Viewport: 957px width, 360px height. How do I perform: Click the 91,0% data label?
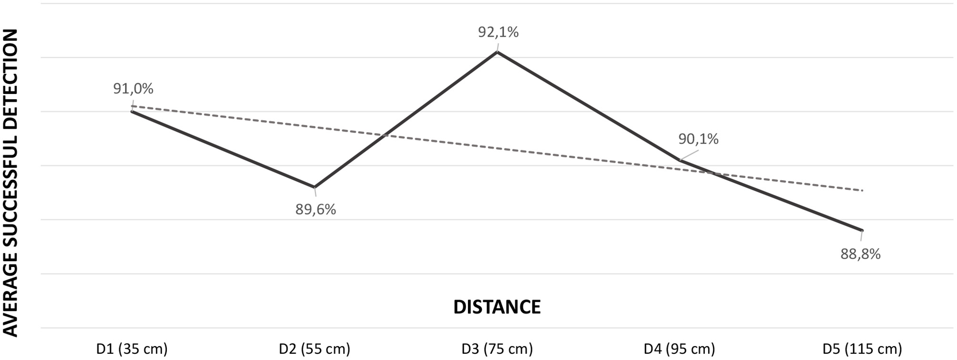[x=133, y=89]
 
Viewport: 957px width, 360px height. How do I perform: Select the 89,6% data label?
[x=316, y=209]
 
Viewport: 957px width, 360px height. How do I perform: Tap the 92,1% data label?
[x=498, y=32]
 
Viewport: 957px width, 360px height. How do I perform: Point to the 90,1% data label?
[x=698, y=139]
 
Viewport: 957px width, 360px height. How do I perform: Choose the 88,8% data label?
[x=860, y=254]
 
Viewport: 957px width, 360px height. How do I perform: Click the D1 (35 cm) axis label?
[x=132, y=349]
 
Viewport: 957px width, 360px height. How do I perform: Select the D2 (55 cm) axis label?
[x=315, y=349]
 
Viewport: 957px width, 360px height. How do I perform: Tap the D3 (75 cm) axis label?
[x=497, y=349]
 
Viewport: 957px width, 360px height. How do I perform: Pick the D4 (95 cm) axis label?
[x=680, y=349]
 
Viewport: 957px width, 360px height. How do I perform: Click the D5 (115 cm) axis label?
[x=862, y=349]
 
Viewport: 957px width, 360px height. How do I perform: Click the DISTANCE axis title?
[x=497, y=307]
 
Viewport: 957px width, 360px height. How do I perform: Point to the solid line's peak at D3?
[x=497, y=52]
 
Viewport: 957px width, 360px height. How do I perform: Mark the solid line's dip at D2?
[x=315, y=187]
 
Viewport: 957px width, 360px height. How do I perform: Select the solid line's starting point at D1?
[x=132, y=111]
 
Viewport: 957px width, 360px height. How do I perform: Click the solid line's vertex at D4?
[x=680, y=160]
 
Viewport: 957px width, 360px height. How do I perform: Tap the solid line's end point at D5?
[x=862, y=230]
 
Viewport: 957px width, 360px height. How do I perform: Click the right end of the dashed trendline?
[x=862, y=190]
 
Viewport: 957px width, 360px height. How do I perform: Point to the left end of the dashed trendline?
[x=132, y=106]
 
